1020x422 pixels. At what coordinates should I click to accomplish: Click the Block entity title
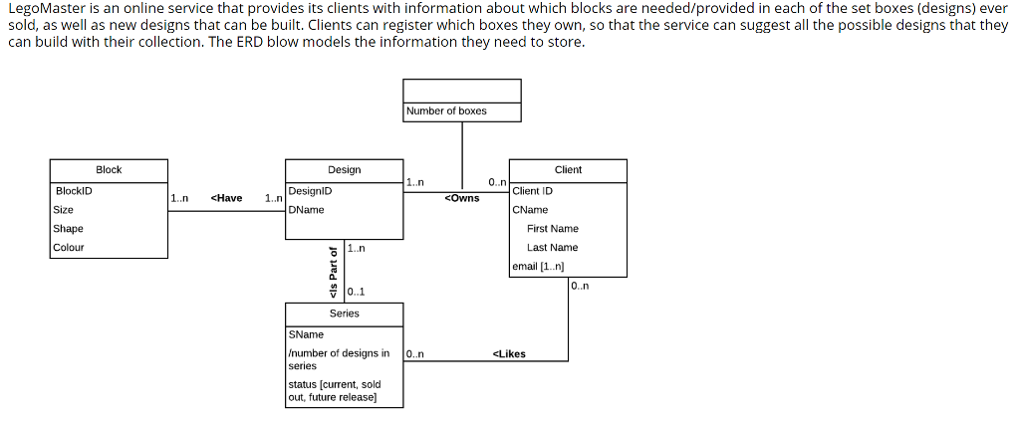tap(109, 170)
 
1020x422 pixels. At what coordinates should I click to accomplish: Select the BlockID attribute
tap(74, 190)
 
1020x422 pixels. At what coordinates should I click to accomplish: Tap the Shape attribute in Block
tap(68, 228)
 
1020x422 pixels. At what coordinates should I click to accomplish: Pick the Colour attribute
tap(69, 247)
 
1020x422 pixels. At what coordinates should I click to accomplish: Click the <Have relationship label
tap(227, 198)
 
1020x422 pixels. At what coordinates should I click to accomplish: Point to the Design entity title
tap(345, 170)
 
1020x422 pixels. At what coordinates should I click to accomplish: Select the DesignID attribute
tap(310, 190)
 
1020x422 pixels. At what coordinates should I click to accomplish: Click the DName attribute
tap(306, 210)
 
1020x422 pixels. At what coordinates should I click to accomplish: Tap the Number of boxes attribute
tap(446, 110)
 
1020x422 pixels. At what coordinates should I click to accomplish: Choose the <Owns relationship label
tap(461, 198)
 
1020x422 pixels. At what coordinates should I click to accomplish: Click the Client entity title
tap(568, 170)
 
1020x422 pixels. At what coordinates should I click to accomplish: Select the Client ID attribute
tap(533, 190)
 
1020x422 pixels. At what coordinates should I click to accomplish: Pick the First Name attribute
tap(552, 228)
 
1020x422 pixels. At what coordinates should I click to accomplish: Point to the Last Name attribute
tap(552, 247)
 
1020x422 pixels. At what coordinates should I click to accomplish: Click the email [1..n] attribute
tap(538, 266)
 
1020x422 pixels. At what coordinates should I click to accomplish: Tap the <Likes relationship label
tap(509, 353)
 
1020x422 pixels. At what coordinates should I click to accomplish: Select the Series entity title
tap(345, 314)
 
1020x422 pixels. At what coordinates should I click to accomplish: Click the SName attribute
tap(305, 334)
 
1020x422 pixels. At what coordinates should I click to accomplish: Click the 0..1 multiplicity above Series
tap(356, 292)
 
